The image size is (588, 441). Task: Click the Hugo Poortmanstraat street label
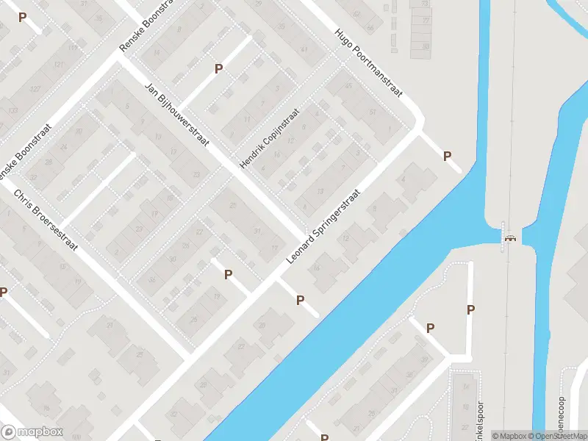point(369,64)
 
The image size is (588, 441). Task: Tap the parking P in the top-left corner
point(22,17)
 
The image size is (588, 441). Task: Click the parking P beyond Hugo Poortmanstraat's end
point(446,156)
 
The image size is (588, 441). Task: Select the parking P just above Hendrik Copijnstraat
point(218,68)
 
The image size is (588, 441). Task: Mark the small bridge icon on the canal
point(509,237)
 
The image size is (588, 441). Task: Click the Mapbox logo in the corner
point(32,431)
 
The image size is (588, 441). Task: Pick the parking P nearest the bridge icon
point(470,309)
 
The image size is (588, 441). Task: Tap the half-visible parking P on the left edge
point(4,292)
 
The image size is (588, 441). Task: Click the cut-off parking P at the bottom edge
point(324,437)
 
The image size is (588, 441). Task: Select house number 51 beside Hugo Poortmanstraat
point(373,112)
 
